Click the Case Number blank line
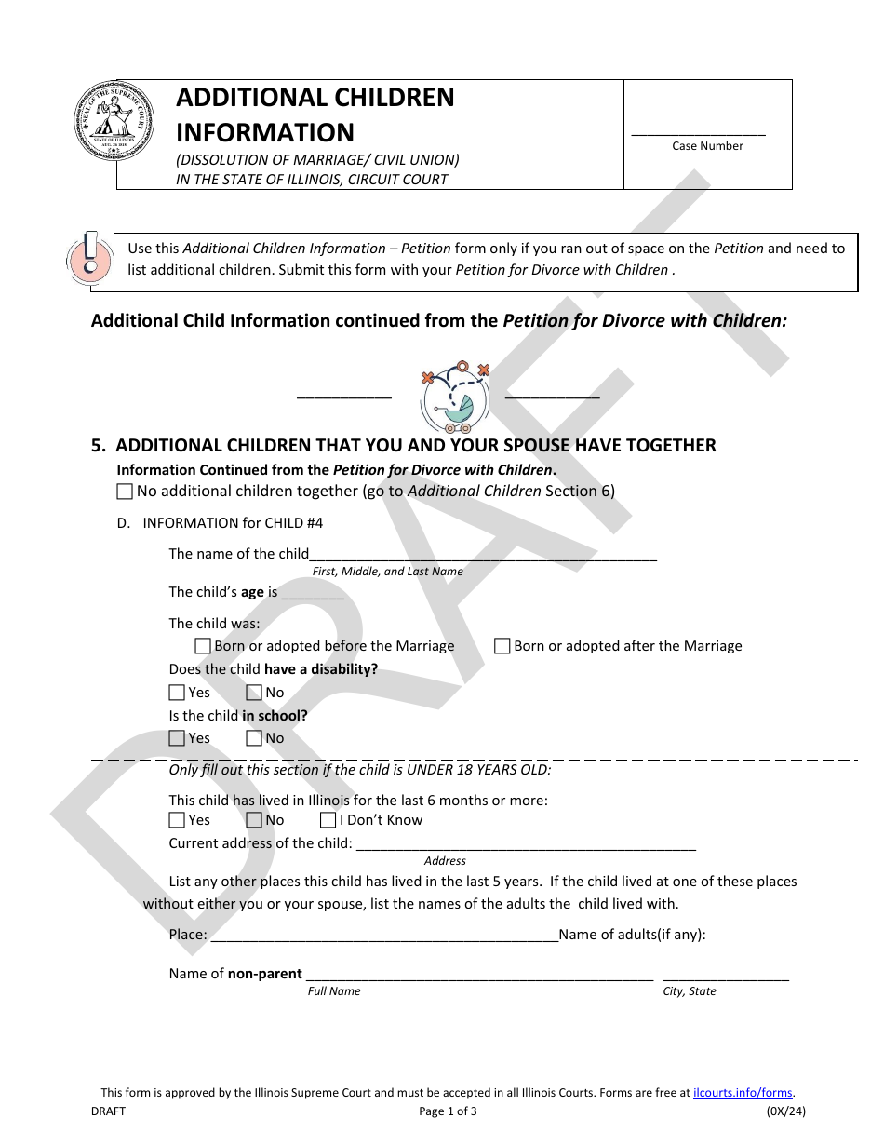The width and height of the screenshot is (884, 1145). (x=698, y=134)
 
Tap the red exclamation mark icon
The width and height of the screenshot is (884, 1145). (x=88, y=257)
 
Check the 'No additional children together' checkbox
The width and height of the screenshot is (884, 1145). (x=125, y=492)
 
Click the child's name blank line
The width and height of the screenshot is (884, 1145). (x=483, y=557)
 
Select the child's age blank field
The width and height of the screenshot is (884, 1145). (x=313, y=595)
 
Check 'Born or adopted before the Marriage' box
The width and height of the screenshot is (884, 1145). (x=203, y=646)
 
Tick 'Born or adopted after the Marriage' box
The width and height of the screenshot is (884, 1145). (x=502, y=646)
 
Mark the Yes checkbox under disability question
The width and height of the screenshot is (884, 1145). (x=177, y=693)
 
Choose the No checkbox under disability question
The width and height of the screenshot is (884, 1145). (x=254, y=693)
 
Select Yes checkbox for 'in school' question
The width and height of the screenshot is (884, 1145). (x=177, y=738)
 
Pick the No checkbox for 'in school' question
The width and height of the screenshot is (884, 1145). (x=254, y=738)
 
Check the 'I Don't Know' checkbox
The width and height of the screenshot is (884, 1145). (x=328, y=820)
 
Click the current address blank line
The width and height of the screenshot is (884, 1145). (x=526, y=847)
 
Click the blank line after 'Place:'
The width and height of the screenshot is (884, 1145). (x=384, y=938)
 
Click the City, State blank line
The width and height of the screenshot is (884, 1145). (x=726, y=977)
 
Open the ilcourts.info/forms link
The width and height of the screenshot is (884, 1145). (x=743, y=1093)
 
